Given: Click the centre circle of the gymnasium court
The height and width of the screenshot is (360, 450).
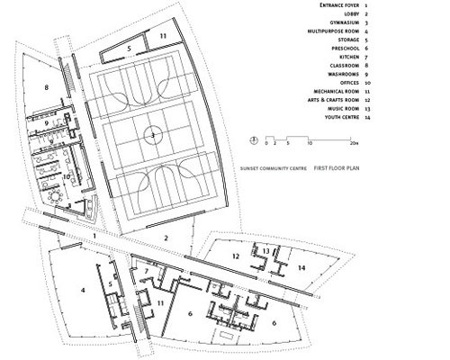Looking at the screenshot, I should (x=153, y=135).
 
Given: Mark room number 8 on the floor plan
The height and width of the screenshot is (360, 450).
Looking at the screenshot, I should (x=45, y=87).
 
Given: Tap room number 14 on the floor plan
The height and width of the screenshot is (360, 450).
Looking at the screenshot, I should (x=303, y=267).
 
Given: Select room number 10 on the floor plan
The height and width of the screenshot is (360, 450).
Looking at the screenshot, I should (x=66, y=178).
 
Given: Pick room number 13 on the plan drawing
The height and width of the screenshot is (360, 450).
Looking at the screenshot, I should (x=267, y=250).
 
